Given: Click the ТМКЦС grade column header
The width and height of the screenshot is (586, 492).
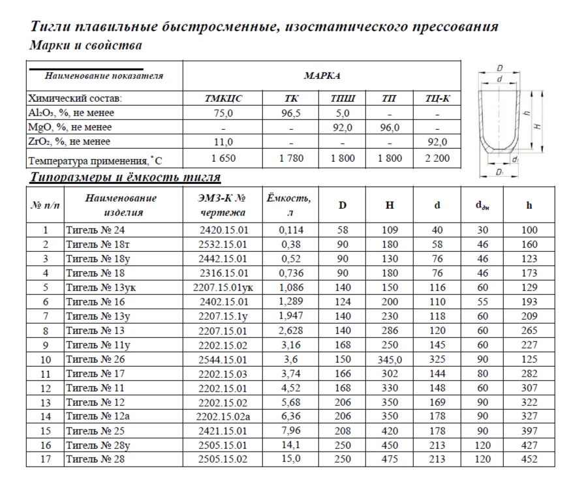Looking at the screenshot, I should coord(223,99).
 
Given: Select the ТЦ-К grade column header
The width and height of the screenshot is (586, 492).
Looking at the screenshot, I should coord(437,99).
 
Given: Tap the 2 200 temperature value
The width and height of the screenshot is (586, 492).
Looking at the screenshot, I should coord(437,158).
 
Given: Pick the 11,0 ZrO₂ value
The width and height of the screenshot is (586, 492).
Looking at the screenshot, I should coord(223,142).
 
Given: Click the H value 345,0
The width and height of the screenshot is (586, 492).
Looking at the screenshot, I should coord(389,360).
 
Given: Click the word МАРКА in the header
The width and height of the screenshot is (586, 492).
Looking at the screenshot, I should coord(322,76).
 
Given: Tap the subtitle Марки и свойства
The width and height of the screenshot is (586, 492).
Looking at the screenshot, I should coord(85,46).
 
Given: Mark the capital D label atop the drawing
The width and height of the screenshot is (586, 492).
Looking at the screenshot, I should coord(499,67).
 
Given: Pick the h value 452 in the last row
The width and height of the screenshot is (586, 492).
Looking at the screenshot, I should coord(529,459).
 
